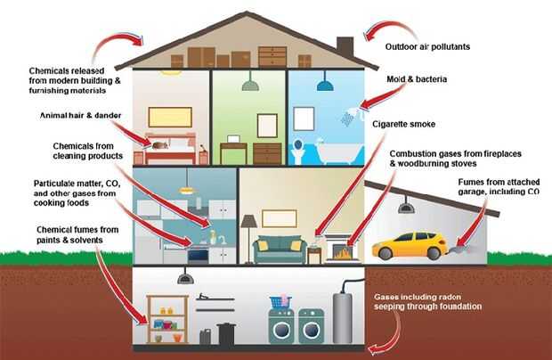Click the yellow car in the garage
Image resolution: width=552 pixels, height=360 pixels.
[x=410, y=245]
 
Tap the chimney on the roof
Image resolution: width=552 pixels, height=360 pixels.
[x=345, y=48]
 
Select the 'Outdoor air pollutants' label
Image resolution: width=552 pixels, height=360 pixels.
[x=427, y=47]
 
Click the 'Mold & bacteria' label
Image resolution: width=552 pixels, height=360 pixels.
[x=417, y=79]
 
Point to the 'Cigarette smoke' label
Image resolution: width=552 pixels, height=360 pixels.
[x=404, y=125]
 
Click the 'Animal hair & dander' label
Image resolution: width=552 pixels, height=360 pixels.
[x=81, y=116]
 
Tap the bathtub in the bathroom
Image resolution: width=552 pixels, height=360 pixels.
[x=338, y=151]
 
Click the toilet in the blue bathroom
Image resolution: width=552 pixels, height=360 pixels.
[x=298, y=151]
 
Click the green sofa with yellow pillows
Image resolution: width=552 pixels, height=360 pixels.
[x=280, y=250]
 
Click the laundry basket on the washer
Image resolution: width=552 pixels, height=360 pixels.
[x=280, y=302]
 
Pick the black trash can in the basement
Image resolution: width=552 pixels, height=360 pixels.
[x=226, y=333]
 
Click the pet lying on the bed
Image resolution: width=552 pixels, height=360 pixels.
[x=160, y=145]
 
